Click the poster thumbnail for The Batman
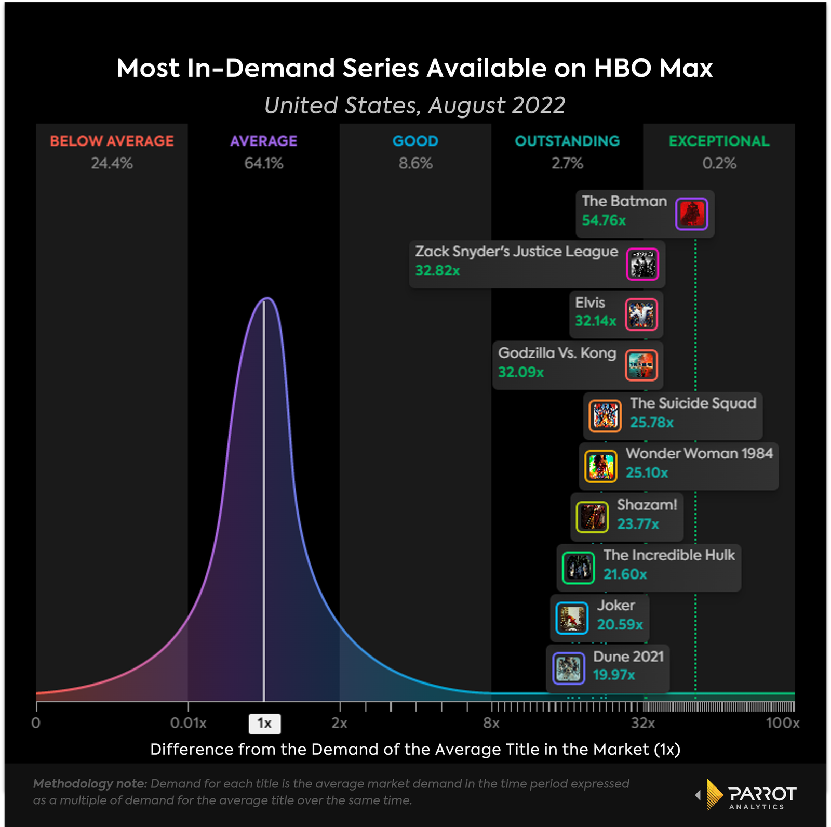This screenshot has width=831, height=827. click(x=691, y=214)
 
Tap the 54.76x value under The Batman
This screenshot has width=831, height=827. click(x=604, y=220)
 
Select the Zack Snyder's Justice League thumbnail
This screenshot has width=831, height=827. click(x=642, y=264)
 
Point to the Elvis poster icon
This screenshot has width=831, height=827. click(x=641, y=314)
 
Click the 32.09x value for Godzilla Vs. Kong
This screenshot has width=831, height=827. click(x=521, y=372)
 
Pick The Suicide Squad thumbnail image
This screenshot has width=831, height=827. click(x=605, y=416)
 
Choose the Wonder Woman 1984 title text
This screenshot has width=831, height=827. click(x=699, y=453)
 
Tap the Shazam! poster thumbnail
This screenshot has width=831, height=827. click(x=592, y=517)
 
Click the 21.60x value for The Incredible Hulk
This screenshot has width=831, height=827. click(x=625, y=574)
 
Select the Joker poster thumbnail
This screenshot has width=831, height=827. click(x=572, y=618)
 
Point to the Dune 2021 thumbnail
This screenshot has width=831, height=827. click(x=568, y=668)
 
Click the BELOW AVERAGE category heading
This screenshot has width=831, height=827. click(x=112, y=141)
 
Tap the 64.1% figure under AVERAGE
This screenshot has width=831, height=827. click(x=264, y=164)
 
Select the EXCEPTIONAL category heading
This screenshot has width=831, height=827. click(x=719, y=141)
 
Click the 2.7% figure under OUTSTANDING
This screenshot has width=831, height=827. click(x=567, y=164)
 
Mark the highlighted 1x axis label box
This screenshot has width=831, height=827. click(x=264, y=724)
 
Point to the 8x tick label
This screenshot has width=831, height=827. click(x=491, y=723)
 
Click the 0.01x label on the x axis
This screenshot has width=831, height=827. click(x=188, y=723)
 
